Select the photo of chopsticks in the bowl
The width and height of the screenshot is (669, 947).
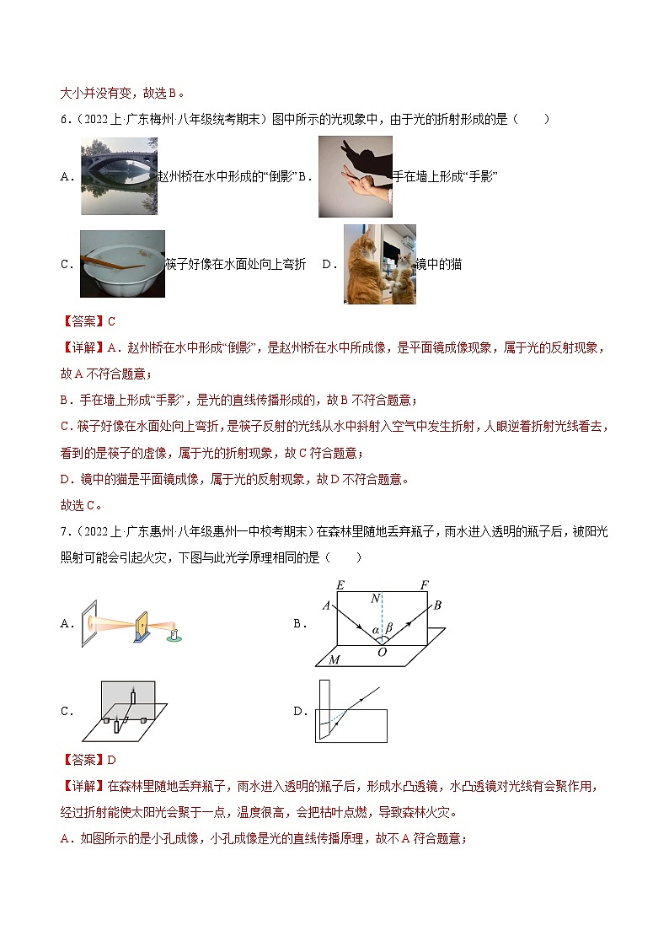(x=121, y=264)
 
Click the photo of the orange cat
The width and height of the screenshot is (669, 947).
(x=379, y=264)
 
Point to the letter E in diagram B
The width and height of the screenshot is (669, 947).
(x=340, y=584)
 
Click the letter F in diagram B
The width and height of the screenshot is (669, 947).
(x=424, y=584)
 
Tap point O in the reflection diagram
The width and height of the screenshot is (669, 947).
(x=382, y=652)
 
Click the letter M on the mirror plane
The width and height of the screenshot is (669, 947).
(x=334, y=659)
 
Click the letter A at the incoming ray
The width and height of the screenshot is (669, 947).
(x=326, y=605)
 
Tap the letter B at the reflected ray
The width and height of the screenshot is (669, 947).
(x=438, y=605)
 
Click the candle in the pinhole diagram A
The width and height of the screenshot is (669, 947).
(x=174, y=632)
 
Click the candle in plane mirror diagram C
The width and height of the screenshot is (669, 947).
(x=131, y=697)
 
